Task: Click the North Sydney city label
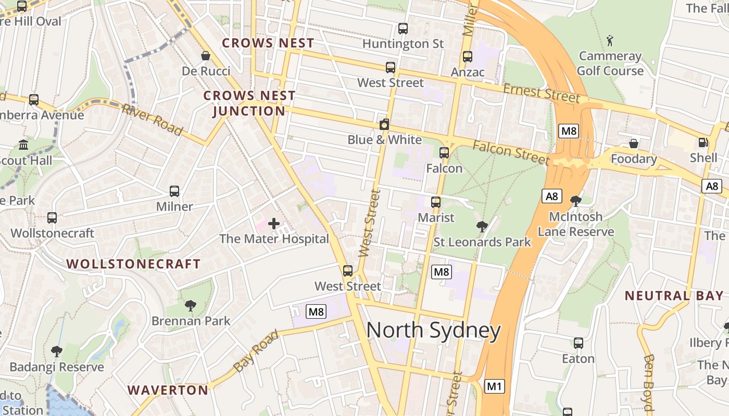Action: click(433, 331)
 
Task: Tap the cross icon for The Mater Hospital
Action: click(274, 224)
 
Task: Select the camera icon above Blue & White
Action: click(384, 124)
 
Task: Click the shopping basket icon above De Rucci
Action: click(206, 56)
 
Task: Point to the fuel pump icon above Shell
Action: click(703, 142)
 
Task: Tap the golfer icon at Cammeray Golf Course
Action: click(610, 40)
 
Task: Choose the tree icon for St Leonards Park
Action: click(482, 226)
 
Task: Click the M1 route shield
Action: click(495, 386)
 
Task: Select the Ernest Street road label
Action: click(542, 93)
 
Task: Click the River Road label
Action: click(152, 120)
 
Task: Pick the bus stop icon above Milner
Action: click(174, 191)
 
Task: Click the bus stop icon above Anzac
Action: click(468, 57)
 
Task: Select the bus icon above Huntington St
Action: click(403, 29)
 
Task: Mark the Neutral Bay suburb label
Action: click(674, 296)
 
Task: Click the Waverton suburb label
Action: click(168, 390)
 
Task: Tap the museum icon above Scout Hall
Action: click(23, 145)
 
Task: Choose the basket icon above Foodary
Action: click(634, 143)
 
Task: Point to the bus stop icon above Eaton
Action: click(579, 343)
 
